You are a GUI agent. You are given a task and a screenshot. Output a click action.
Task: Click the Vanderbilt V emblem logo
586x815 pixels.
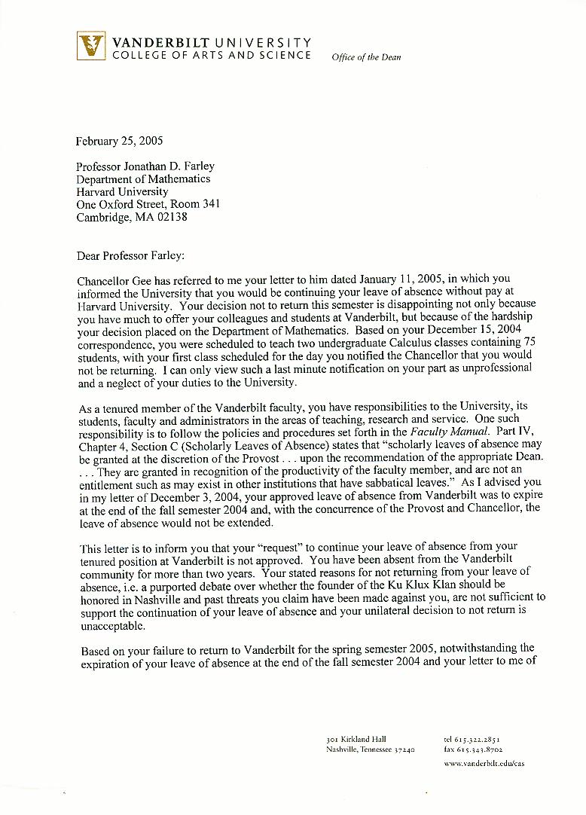point(92,46)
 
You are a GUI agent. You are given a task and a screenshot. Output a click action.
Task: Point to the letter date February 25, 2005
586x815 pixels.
point(119,141)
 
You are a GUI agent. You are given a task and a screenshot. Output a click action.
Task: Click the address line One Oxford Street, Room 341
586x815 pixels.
point(148,204)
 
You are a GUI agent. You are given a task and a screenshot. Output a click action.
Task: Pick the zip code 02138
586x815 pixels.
point(172,217)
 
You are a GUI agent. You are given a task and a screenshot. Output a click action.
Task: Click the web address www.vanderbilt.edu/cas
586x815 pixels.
point(484,764)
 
